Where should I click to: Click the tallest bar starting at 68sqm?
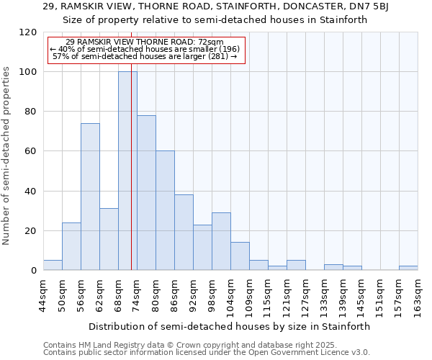click(x=127, y=171)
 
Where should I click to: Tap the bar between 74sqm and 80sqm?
click(x=146, y=192)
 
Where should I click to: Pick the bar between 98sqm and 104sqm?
click(x=221, y=241)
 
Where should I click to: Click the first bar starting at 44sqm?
click(x=53, y=265)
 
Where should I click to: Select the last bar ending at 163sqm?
click(x=408, y=268)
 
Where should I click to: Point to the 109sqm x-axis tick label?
click(x=250, y=295)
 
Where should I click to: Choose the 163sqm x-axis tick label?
click(x=418, y=295)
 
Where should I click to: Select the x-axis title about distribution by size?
click(x=230, y=326)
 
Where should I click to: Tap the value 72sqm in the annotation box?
click(x=210, y=42)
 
